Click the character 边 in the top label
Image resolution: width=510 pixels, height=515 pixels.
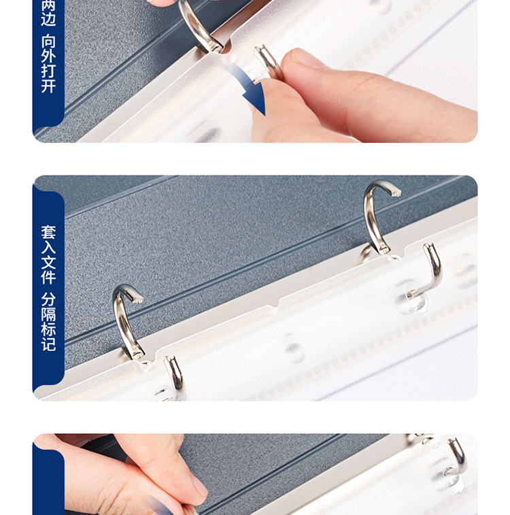click(48, 19)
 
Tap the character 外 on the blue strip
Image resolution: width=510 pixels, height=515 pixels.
click(48, 56)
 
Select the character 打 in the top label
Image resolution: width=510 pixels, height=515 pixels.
click(48, 71)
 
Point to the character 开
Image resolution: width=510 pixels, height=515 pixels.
click(48, 86)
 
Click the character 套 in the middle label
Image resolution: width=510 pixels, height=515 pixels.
click(48, 232)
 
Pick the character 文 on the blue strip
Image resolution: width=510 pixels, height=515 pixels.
click(48, 263)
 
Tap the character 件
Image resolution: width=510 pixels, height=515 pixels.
click(48, 277)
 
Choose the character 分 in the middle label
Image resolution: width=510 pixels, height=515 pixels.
click(48, 299)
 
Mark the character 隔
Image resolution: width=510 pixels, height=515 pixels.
click(48, 314)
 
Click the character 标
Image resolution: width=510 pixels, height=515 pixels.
click(48, 329)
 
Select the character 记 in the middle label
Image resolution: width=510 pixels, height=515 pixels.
click(48, 344)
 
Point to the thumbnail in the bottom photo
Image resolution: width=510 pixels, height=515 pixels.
click(199, 486)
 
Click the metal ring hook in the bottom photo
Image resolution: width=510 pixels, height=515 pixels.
click(458, 455)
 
